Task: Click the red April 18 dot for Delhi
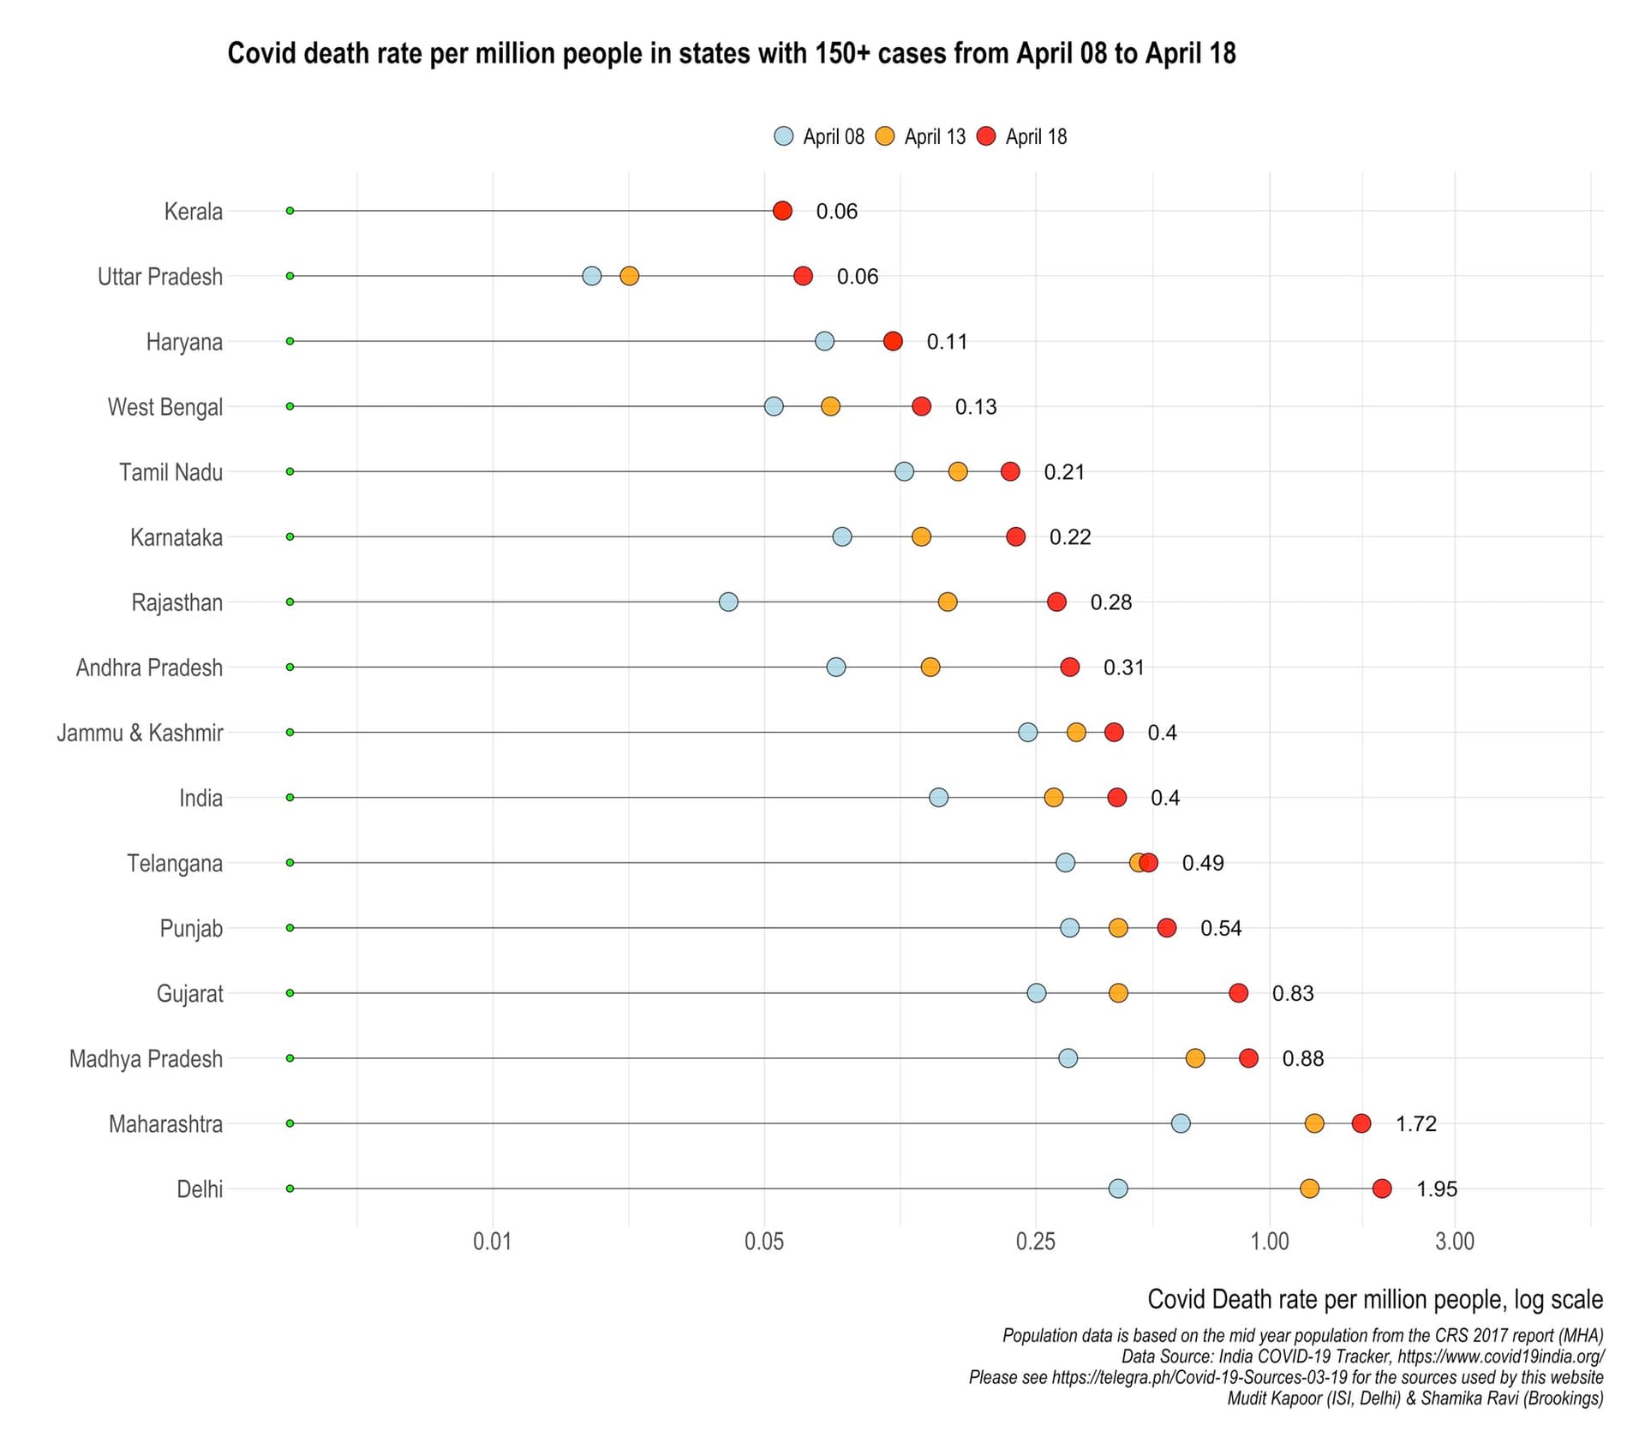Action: coord(1382,1189)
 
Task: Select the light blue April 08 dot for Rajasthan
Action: coord(728,602)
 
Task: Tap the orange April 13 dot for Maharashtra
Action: coord(1314,1123)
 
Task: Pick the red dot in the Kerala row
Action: coord(782,211)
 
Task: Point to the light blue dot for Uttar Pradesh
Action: coord(591,276)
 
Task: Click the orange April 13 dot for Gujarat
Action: coord(1118,993)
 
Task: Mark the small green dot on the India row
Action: coord(290,798)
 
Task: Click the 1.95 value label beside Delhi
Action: coord(1437,1189)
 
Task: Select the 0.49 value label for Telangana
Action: coord(1203,863)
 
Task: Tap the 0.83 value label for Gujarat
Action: coord(1293,993)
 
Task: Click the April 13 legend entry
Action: coord(920,136)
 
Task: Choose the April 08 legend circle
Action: coord(783,136)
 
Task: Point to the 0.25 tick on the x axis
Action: coord(1035,1241)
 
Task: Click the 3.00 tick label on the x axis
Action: coord(1455,1241)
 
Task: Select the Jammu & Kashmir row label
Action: coord(140,733)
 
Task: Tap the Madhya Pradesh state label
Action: coord(146,1059)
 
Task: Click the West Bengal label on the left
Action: coord(164,407)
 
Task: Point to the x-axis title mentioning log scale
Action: coord(1375,1300)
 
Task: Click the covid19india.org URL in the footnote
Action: coord(1500,1356)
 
